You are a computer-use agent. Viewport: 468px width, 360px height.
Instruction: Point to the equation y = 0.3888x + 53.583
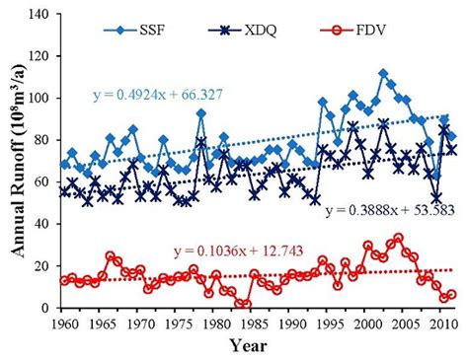coord(390,210)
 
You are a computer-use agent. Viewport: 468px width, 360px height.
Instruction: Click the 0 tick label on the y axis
coord(47,308)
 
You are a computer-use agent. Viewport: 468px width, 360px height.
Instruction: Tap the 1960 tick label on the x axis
coord(65,323)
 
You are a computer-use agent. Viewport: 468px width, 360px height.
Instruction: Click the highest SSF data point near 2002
coord(383,74)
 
